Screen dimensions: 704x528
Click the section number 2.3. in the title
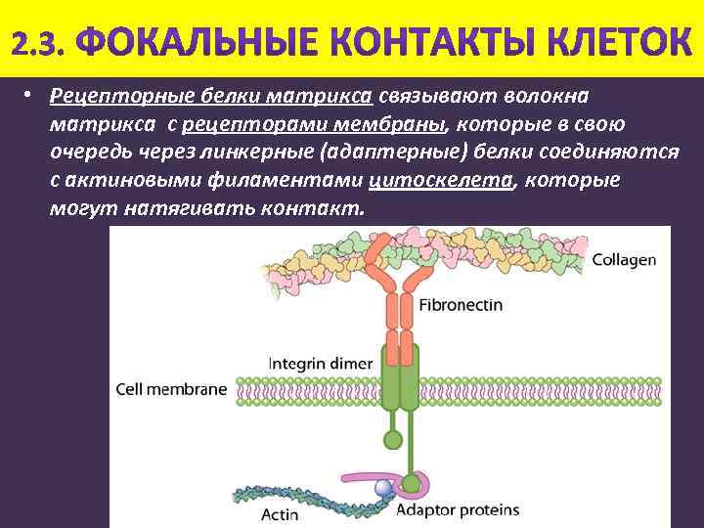pos(39,41)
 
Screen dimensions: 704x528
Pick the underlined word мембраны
pos(389,125)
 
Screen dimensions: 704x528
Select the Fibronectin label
pos(460,305)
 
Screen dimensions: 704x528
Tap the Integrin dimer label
pos(314,363)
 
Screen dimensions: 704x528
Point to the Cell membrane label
pos(171,388)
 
